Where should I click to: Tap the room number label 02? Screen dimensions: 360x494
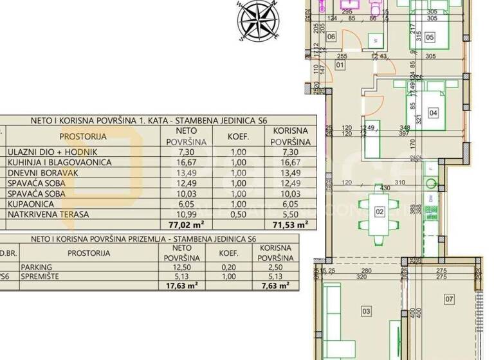coord(380,211)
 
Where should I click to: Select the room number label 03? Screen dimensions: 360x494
coord(367,312)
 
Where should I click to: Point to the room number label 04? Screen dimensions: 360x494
coord(433,114)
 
